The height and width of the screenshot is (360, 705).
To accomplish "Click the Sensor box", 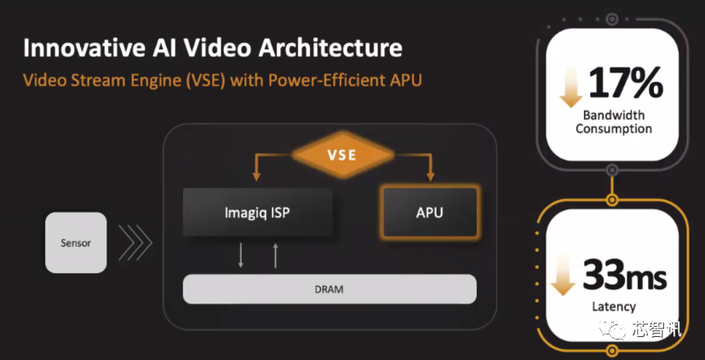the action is (x=76, y=243).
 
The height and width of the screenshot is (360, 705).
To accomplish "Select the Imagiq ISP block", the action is (x=258, y=212).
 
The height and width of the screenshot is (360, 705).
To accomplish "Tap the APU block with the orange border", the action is (x=429, y=212).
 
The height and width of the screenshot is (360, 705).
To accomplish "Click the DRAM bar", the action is (x=330, y=289).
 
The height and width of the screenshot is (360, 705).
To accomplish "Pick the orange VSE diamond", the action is (x=343, y=155).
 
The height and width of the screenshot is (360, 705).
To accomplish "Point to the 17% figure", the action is (x=625, y=83).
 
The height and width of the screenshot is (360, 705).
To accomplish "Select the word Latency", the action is (x=614, y=307).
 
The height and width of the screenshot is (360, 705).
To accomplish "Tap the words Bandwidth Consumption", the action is (x=614, y=122).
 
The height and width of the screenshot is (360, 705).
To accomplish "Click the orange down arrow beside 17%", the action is (x=571, y=88).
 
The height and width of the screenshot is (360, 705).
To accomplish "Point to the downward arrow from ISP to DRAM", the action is (x=241, y=254).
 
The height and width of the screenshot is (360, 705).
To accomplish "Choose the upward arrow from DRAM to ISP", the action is (x=276, y=255).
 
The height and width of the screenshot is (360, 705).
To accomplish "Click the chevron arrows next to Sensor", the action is (x=135, y=243).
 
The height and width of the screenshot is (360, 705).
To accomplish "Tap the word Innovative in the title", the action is (x=78, y=49).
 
